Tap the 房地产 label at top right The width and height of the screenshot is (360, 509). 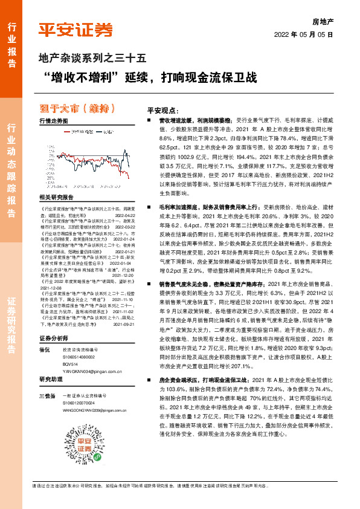click(323, 21)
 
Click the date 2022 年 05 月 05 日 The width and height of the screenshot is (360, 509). click(306, 35)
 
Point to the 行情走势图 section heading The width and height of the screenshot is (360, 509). click(53, 121)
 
